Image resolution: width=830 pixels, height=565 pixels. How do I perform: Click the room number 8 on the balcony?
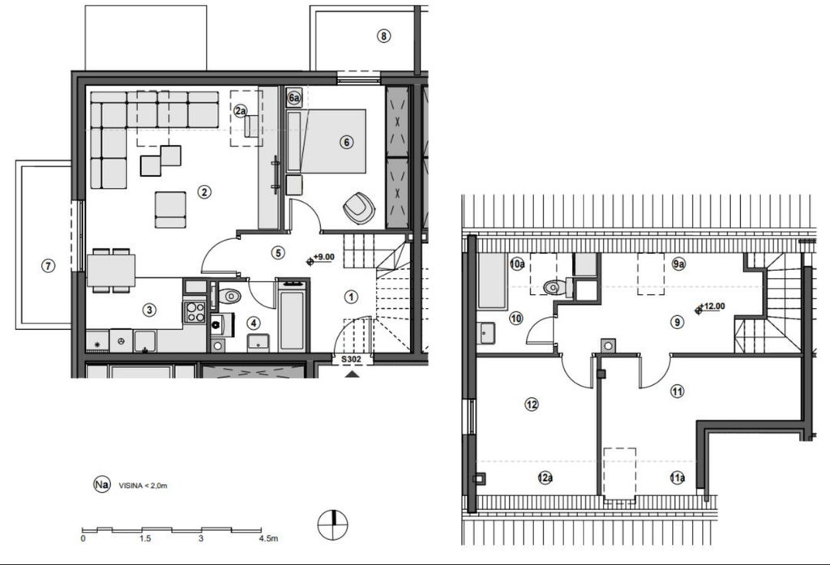(x=383, y=36)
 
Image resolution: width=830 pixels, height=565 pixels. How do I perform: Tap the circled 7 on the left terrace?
(x=48, y=265)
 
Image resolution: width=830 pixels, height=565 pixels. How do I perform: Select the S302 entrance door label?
(x=351, y=360)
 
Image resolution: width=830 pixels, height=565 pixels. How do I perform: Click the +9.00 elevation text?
(x=324, y=257)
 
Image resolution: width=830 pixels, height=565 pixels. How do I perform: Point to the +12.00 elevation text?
(x=712, y=306)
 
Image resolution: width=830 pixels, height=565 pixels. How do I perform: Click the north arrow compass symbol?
(x=333, y=524)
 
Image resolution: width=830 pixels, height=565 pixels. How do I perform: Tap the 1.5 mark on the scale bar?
(x=145, y=538)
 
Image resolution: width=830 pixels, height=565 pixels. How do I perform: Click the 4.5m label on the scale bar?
(x=268, y=538)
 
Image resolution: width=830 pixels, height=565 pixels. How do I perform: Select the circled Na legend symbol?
(x=101, y=484)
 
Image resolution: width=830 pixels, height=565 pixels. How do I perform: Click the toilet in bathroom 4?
(x=229, y=296)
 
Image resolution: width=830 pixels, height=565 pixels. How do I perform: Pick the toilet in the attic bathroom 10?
(x=556, y=287)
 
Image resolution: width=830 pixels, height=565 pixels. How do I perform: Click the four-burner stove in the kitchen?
(x=195, y=311)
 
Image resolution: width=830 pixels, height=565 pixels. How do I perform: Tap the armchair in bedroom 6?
(x=359, y=208)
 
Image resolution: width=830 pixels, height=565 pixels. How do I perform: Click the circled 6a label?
(x=294, y=98)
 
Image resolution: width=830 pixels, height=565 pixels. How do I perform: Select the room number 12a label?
(x=545, y=477)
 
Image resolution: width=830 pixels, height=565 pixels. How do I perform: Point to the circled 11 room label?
(x=677, y=392)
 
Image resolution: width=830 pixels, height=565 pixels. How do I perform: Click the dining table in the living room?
(x=111, y=271)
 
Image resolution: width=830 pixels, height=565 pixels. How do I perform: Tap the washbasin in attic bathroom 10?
(x=486, y=333)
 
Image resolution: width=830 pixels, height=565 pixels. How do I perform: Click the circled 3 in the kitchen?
(x=149, y=310)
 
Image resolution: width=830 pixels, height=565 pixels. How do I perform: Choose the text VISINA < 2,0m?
(x=143, y=485)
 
